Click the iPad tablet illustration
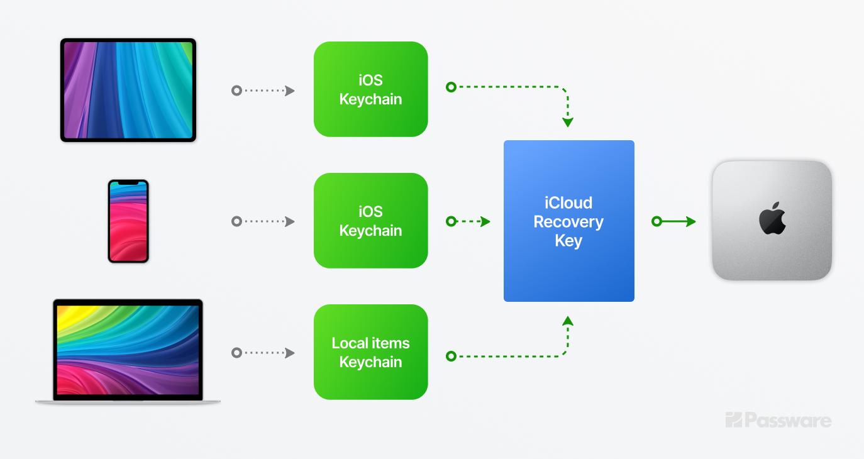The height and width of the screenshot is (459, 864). pos(128,90)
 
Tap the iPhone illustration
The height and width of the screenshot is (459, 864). pos(128,221)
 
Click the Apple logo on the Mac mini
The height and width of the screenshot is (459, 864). pos(772,219)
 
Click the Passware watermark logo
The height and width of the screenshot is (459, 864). pos(778,420)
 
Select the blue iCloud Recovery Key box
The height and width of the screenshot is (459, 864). pos(568,221)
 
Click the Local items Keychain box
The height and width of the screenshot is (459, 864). pos(370,352)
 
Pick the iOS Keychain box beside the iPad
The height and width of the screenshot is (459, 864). pos(370,89)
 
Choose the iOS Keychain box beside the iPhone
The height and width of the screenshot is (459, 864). pos(370,221)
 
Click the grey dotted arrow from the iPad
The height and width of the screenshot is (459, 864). pos(263,91)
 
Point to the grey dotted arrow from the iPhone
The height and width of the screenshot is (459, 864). pos(263,221)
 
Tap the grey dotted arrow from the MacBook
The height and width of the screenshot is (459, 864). pos(263,353)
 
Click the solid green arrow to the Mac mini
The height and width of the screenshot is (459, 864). pos(674,221)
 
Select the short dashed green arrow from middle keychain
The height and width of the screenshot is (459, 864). pos(468,221)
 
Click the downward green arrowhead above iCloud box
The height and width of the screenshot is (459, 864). pos(568,123)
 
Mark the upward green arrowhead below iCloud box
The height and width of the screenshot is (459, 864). pos(568,321)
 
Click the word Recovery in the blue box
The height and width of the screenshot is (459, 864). pos(568,222)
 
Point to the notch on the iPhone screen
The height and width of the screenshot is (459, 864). pos(128,183)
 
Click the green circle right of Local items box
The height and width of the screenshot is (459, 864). pos(451,357)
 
